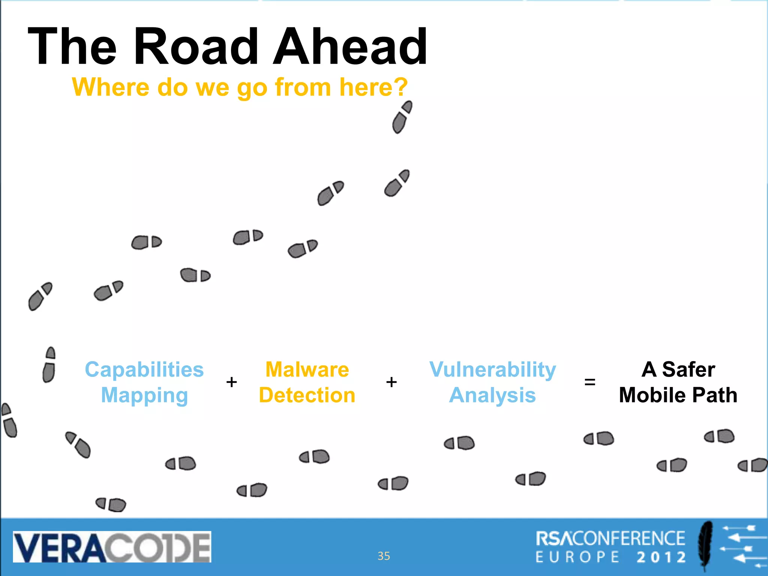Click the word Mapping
click(x=144, y=395)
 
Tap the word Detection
click(x=307, y=395)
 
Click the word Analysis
click(x=492, y=395)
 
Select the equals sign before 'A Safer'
click(x=590, y=382)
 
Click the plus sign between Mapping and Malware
click(x=232, y=382)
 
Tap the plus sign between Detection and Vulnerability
click(x=391, y=382)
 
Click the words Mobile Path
click(x=678, y=395)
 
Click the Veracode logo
click(x=112, y=546)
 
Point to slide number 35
click(x=384, y=556)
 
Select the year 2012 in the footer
click(x=661, y=557)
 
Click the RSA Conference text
click(x=610, y=538)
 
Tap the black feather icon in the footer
click(x=705, y=546)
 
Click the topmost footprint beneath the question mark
click(x=402, y=117)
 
